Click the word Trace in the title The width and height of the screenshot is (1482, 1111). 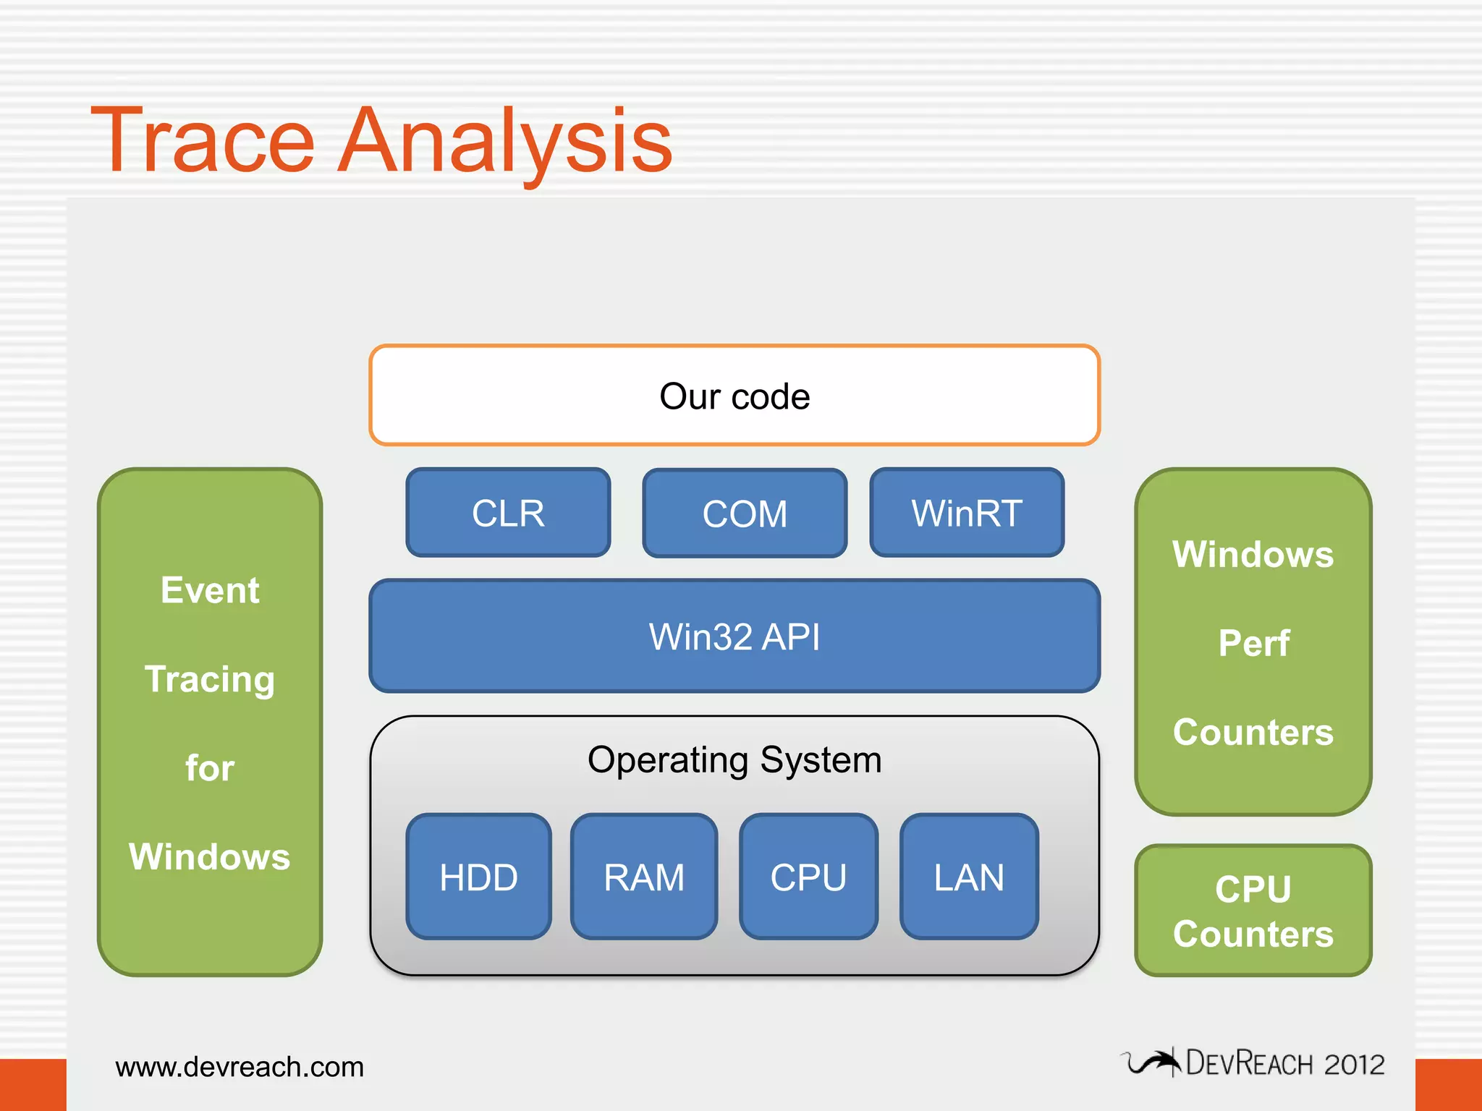tap(203, 141)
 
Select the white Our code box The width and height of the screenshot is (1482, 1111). tap(734, 396)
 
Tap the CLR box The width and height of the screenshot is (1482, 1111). tap(508, 514)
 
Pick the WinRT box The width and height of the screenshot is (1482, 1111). tap(967, 514)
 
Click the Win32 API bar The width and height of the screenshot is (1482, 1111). tap(734, 637)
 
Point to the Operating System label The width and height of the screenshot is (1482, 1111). tap(734, 759)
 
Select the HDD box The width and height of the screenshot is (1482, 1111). tap(478, 877)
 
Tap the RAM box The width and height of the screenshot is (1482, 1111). tap(644, 877)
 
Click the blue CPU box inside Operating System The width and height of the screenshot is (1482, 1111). tap(808, 877)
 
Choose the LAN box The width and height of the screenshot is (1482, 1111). tap(969, 877)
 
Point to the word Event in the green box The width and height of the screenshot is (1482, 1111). tap(210, 590)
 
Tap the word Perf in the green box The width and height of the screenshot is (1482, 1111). tap(1253, 643)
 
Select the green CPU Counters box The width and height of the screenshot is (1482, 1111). tap(1253, 911)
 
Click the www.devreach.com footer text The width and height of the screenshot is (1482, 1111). tap(240, 1067)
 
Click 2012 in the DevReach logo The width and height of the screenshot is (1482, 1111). tap(1354, 1065)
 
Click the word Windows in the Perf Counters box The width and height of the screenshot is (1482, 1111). tap(1253, 555)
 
